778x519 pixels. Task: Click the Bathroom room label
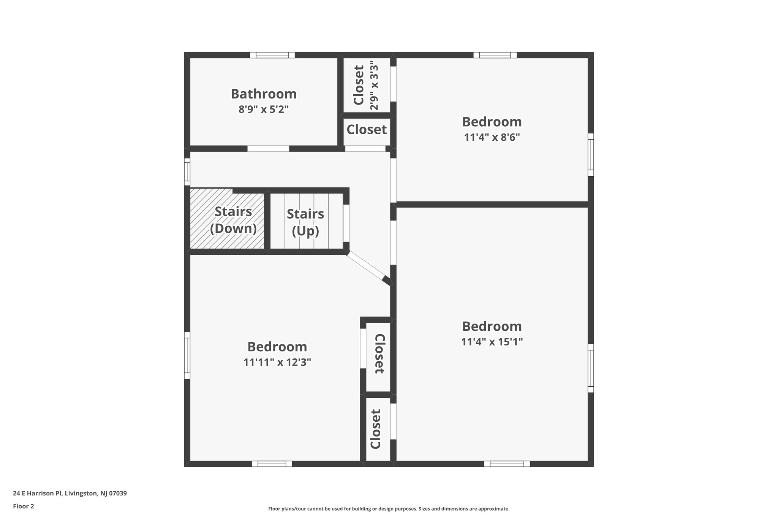[264, 94]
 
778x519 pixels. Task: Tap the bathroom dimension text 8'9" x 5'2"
[264, 110]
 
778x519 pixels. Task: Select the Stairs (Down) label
[233, 220]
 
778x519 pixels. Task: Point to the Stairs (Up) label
[305, 222]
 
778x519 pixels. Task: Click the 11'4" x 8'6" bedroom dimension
[492, 137]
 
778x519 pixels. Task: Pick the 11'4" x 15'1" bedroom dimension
[492, 342]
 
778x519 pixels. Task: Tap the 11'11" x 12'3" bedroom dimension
[277, 362]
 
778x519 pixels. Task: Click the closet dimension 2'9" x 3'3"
[374, 85]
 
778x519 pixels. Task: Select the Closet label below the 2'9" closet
[367, 130]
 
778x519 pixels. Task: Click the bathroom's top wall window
[272, 55]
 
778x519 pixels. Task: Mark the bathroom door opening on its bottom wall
[268, 149]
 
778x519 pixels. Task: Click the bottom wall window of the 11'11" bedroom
[272, 464]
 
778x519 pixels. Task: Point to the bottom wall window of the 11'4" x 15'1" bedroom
[507, 464]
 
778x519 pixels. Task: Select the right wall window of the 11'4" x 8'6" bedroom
[591, 154]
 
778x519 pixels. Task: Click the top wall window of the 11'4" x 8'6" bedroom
[495, 55]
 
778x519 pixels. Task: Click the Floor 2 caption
[24, 506]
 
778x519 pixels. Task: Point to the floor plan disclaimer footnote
[389, 509]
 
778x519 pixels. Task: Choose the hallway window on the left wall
[187, 171]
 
